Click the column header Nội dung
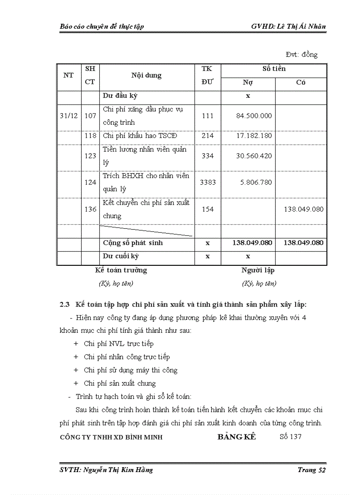pyautogui.click(x=146, y=75)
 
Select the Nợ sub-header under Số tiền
pyautogui.click(x=248, y=82)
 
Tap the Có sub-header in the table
pyautogui.click(x=301, y=82)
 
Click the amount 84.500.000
pyautogui.click(x=254, y=116)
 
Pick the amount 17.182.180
pyautogui.click(x=254, y=136)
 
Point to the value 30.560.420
pyautogui.click(x=254, y=156)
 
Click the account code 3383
pyautogui.click(x=207, y=182)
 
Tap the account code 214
pyautogui.click(x=207, y=136)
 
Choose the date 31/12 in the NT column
pyautogui.click(x=68, y=116)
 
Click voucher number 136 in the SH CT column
pyautogui.click(x=90, y=209)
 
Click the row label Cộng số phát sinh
pyautogui.click(x=132, y=243)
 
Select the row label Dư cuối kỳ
pyautogui.click(x=120, y=256)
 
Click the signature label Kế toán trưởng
pyautogui.click(x=121, y=270)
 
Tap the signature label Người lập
pyautogui.click(x=258, y=270)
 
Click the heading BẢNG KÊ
pyautogui.click(x=236, y=437)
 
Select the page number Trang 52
pyautogui.click(x=311, y=470)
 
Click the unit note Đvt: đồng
pyautogui.click(x=302, y=55)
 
